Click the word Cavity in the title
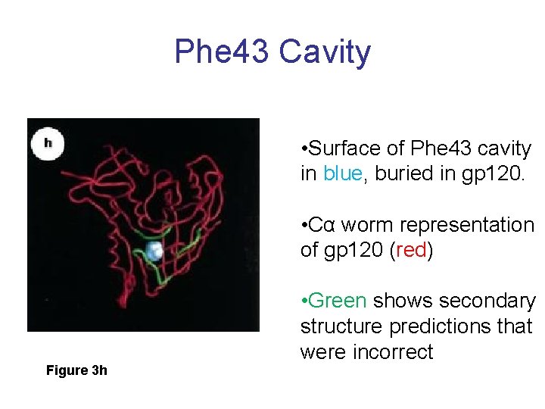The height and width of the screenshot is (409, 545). tap(325, 52)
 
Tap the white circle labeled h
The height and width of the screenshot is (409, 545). tap(48, 142)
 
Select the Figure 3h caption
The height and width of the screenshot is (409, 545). tap(76, 370)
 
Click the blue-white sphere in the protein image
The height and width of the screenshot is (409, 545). tap(154, 252)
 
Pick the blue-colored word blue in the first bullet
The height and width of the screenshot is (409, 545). tap(343, 173)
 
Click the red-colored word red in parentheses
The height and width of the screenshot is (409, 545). tap(411, 250)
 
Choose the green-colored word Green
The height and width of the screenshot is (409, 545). tap(337, 301)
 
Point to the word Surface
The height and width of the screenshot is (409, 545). tap(348, 148)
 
